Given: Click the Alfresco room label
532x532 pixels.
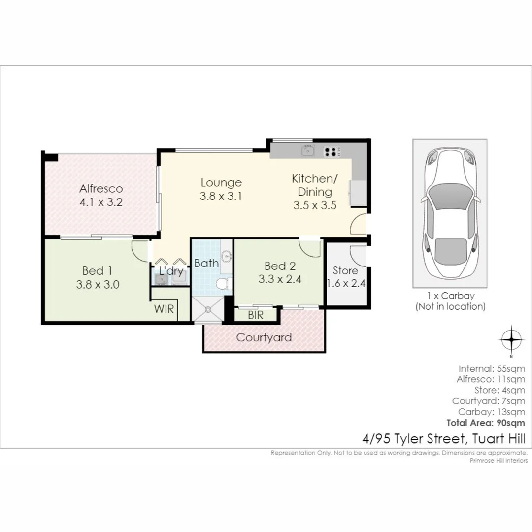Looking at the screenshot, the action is click(x=101, y=188).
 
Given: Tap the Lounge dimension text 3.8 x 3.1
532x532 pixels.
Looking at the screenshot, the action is click(x=221, y=196).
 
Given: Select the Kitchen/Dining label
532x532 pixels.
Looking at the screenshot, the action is click(x=315, y=185).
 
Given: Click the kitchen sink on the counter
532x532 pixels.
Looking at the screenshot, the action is click(x=308, y=150).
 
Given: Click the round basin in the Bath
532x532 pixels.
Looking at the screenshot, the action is click(x=226, y=256).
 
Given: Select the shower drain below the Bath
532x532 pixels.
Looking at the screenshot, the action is click(x=208, y=309).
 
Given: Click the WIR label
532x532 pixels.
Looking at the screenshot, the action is click(x=164, y=309).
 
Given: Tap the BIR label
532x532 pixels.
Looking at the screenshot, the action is click(x=256, y=315).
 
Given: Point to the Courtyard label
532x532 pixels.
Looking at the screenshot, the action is click(x=264, y=337).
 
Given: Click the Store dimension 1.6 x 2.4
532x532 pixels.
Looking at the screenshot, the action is click(x=346, y=283).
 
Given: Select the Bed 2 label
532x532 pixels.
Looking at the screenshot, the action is click(x=280, y=266).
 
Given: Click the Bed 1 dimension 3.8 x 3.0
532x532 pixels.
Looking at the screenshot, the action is click(x=98, y=284).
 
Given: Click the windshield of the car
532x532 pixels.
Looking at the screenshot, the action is click(x=450, y=197).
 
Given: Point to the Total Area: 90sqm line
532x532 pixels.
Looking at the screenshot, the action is click(x=486, y=423).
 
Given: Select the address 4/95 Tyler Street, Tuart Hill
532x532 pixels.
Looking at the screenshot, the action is click(x=444, y=439).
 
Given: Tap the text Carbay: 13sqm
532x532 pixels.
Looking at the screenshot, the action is click(x=492, y=412).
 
